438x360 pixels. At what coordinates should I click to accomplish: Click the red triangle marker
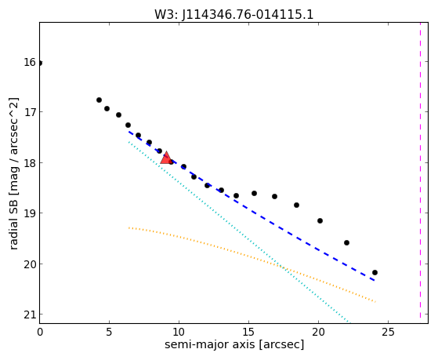(166, 158)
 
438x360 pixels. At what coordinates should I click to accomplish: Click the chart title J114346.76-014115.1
(248, 15)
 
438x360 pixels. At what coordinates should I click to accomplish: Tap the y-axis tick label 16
(30, 62)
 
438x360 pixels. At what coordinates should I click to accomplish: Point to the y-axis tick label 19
(30, 213)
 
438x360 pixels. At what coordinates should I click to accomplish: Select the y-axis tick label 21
(30, 315)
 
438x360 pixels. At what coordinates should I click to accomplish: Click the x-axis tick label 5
(109, 332)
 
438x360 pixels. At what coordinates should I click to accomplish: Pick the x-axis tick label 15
(248, 332)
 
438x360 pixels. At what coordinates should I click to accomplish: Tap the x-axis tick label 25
(388, 332)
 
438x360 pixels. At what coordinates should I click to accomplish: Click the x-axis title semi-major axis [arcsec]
(234, 344)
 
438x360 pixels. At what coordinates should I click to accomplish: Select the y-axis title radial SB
(13, 222)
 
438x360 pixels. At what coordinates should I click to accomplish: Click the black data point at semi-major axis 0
(40, 63)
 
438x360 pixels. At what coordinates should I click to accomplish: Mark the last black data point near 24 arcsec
(375, 272)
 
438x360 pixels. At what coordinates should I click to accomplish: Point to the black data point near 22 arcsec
(346, 242)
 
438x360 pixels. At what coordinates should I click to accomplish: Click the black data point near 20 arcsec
(320, 220)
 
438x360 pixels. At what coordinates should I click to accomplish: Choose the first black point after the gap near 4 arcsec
(99, 100)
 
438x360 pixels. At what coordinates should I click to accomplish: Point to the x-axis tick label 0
(40, 332)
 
